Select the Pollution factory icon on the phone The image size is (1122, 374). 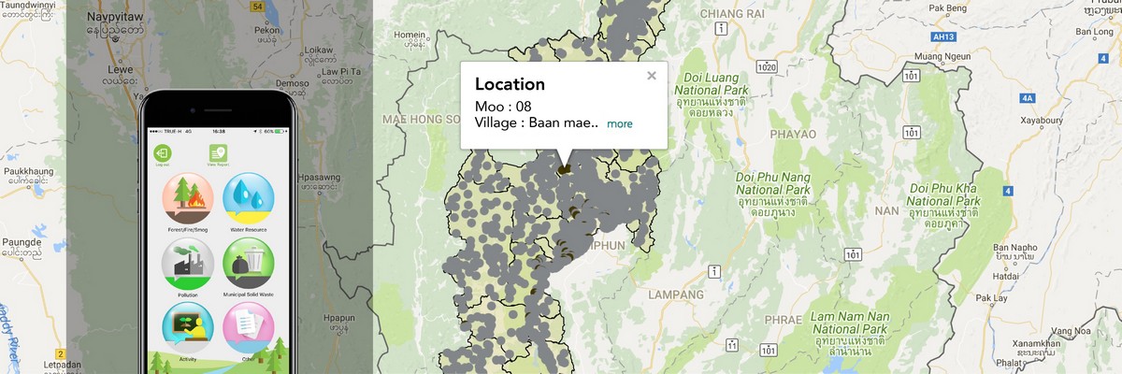(188, 263)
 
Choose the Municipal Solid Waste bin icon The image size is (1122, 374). (248, 263)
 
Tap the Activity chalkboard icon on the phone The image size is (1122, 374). (188, 327)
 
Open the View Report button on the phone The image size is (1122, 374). (218, 153)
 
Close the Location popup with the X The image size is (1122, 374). (652, 76)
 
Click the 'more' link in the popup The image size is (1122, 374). (620, 123)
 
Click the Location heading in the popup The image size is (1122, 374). (510, 84)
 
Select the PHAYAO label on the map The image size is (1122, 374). (793, 134)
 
